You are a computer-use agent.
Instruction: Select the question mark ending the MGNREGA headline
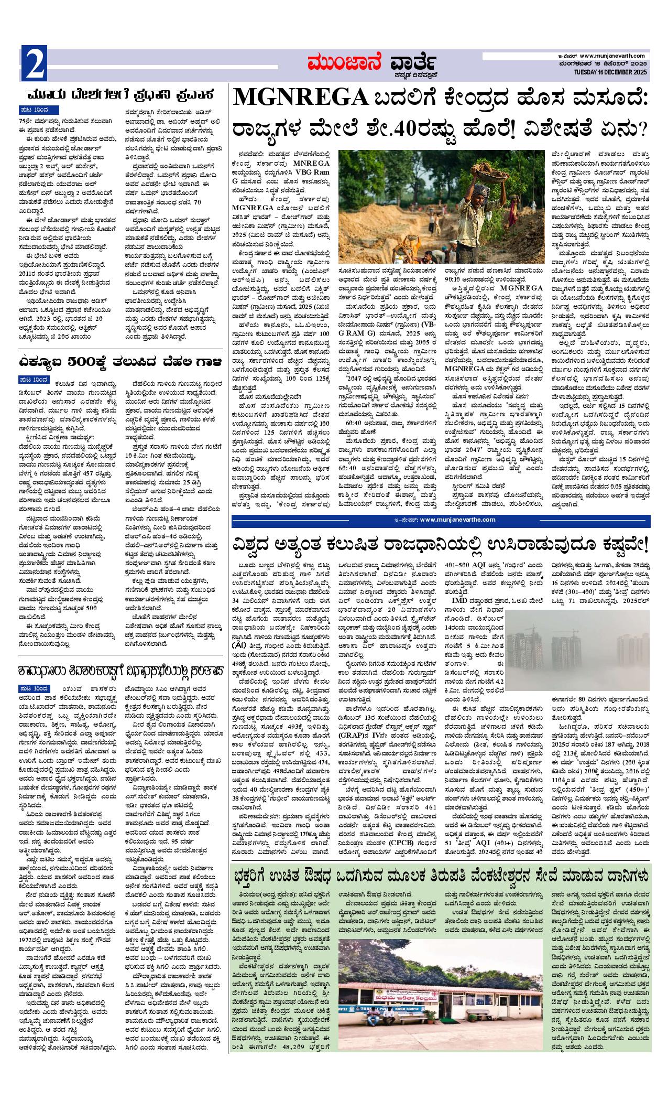pos(643,126)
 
